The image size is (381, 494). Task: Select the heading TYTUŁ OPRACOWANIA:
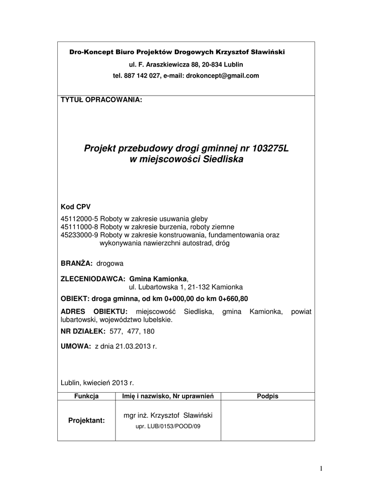101,100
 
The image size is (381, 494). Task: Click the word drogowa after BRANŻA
110,263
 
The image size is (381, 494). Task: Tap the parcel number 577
116,331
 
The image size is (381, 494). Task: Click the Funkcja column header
86,396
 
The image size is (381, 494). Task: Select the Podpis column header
268,396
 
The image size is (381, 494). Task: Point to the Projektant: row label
86,420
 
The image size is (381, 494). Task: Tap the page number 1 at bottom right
321,468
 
